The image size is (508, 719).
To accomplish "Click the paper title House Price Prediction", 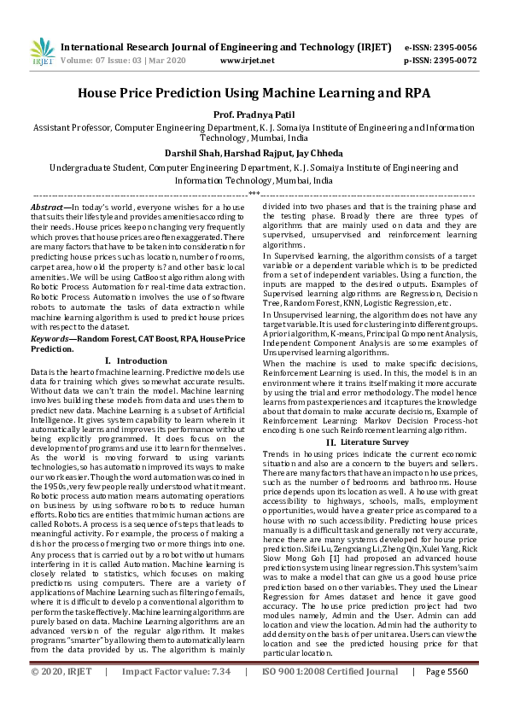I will point(254,93).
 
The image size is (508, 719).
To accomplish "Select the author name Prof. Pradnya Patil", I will point(254,113).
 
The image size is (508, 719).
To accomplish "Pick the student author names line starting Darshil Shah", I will point(254,154).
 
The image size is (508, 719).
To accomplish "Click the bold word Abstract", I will point(48,208).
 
